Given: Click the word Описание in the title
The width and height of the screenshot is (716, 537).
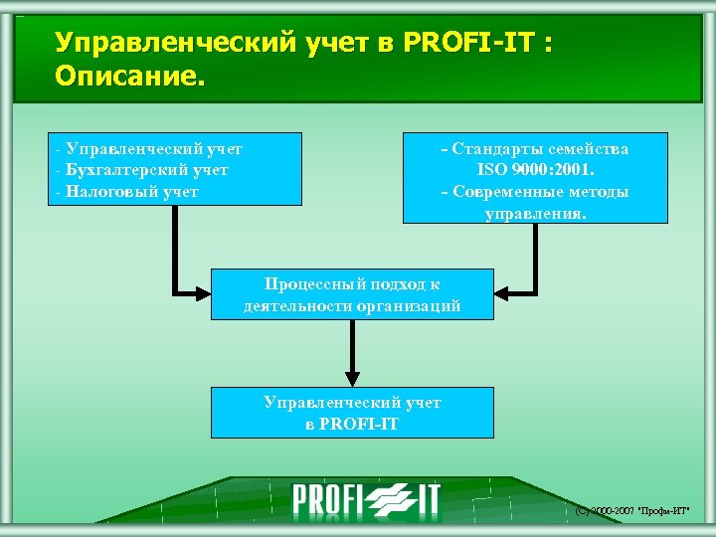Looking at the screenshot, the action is [129, 76].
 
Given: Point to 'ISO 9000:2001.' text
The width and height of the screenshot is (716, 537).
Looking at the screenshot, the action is [535, 170].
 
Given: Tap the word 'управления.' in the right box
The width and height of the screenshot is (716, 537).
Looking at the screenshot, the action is [535, 213].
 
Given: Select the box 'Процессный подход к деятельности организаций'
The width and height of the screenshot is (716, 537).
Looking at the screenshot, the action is [352, 293].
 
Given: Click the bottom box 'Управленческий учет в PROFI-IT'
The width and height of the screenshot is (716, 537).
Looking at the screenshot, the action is [352, 413].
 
